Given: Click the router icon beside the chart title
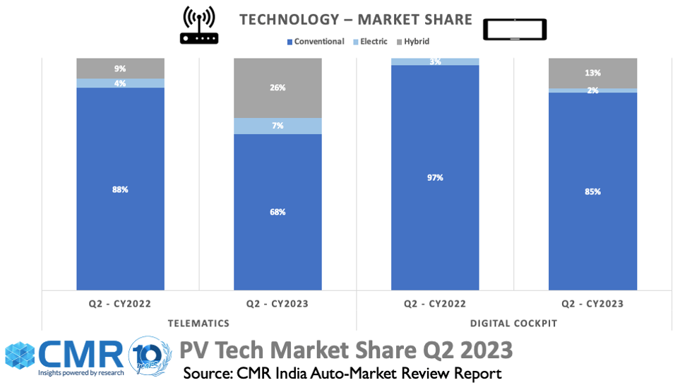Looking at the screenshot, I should point(198,25).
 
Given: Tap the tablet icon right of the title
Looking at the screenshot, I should point(515,30).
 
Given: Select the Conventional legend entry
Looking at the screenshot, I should point(315,42).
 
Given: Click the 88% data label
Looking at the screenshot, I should point(120,189).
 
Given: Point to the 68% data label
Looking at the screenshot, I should point(278,212).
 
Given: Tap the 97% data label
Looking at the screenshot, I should point(435,177).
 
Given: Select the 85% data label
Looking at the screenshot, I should point(592,191).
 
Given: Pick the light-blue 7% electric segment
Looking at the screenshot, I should point(278,126).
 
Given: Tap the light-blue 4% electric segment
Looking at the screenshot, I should point(120,83).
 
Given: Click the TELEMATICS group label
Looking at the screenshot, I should point(198,323).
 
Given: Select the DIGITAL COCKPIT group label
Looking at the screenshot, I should point(513,323).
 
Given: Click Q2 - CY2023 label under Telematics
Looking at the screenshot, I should point(278,304).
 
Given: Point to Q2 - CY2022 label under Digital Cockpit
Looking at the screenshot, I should point(435,304).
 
